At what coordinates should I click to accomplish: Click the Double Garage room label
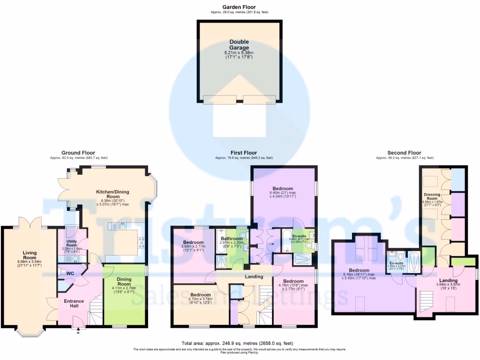(x=239, y=45)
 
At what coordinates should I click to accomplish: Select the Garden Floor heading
(x=239, y=7)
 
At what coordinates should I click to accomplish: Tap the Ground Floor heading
(x=78, y=153)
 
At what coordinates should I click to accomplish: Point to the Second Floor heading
(x=404, y=153)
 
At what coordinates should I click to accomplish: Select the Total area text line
(x=240, y=344)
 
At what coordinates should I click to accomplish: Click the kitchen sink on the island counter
(x=121, y=225)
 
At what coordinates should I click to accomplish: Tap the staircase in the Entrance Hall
(x=96, y=310)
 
